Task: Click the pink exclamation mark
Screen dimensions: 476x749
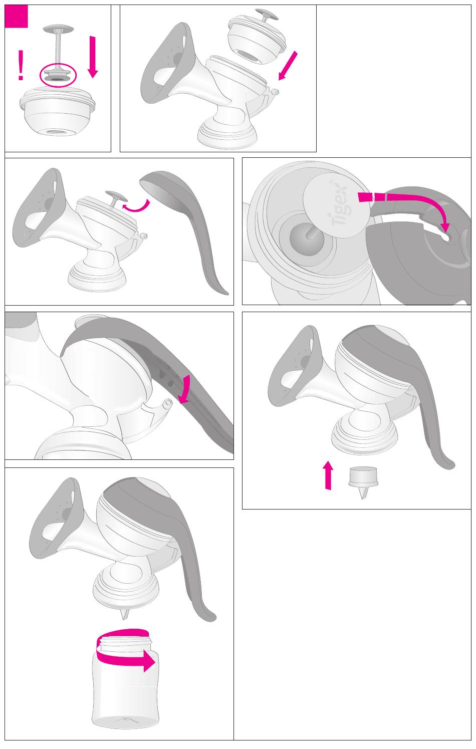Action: click(x=21, y=65)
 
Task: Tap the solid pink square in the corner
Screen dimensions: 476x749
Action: click(x=17, y=17)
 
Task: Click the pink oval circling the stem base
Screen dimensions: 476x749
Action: click(x=58, y=75)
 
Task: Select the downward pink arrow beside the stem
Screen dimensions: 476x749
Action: click(x=93, y=57)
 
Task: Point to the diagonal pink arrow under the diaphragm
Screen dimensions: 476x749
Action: click(x=288, y=66)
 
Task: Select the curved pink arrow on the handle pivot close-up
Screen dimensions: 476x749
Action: click(x=185, y=389)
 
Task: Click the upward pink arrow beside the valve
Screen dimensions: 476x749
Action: click(x=329, y=475)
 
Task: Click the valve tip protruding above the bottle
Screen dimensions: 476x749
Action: click(x=124, y=614)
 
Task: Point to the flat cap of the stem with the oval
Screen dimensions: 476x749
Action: click(x=59, y=29)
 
